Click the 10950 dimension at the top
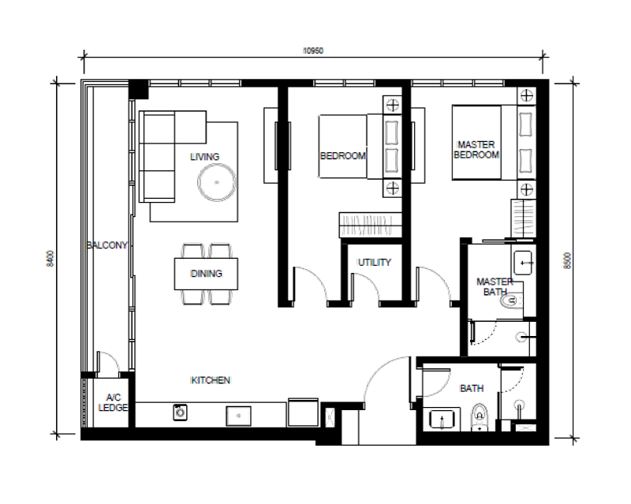point(313,50)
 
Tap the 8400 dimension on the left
point(50,259)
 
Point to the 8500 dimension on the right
point(567,260)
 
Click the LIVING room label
point(205,157)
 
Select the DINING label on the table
point(207,274)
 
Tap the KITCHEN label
point(211,380)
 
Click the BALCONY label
point(107,245)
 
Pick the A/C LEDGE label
point(113,402)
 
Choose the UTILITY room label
point(374,263)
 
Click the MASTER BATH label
point(495,286)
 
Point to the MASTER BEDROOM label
point(476,150)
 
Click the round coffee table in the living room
point(216,182)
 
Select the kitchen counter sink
point(238,416)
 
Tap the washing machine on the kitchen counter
point(181,413)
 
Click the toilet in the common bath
point(480,417)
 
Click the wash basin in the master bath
point(523,263)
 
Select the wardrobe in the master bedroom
point(523,218)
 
